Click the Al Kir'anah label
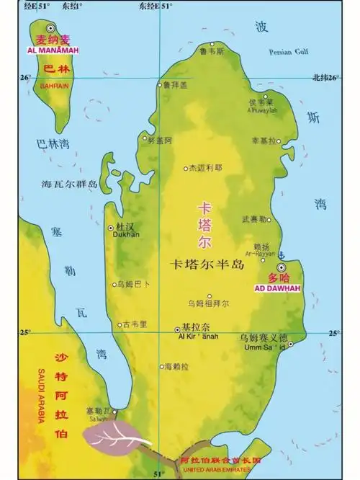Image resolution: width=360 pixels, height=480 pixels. point(192,336)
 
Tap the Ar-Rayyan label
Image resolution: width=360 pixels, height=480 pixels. point(260,254)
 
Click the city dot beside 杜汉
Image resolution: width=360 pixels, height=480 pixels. point(110,228)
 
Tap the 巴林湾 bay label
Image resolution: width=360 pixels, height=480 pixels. point(53,144)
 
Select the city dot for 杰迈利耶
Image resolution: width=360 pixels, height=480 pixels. point(184,168)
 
